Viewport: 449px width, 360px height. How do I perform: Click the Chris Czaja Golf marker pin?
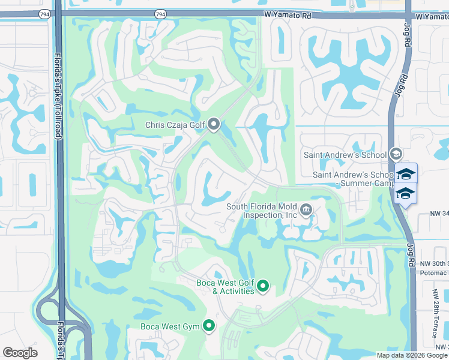tap(214, 125)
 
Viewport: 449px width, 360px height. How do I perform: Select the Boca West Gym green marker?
tap(209, 326)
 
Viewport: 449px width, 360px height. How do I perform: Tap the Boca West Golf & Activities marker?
tap(263, 287)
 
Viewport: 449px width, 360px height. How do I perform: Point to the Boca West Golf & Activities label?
tap(225, 287)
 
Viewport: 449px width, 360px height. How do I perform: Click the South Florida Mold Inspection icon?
tap(306, 209)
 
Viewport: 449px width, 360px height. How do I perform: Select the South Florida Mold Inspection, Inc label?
tap(262, 211)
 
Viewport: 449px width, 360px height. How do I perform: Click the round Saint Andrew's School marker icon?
tap(396, 155)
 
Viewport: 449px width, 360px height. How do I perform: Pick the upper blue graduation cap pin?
tap(406, 174)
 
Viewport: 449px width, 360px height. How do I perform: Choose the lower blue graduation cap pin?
tap(406, 193)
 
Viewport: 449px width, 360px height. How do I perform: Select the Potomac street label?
tap(433, 272)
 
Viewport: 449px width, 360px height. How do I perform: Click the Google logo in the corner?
tap(20, 353)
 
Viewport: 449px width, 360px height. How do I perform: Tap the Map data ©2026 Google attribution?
tap(411, 355)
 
